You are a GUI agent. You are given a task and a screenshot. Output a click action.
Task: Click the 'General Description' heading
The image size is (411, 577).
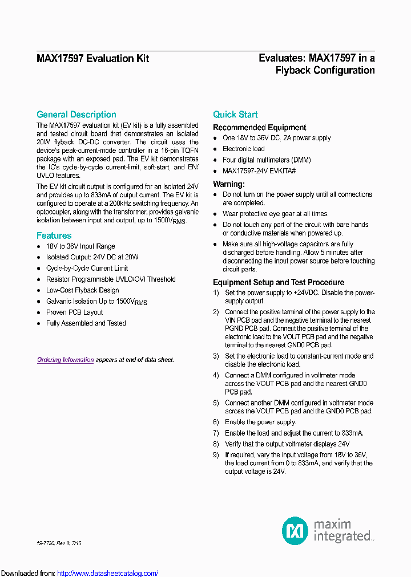(76, 115)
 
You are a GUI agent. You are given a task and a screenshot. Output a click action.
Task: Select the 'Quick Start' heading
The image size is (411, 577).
(235, 115)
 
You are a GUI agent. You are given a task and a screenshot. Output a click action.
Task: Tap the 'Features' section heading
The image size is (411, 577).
(54, 235)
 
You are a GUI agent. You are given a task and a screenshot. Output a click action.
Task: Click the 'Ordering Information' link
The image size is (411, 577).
(66, 360)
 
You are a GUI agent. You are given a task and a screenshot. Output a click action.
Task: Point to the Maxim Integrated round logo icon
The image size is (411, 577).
(295, 531)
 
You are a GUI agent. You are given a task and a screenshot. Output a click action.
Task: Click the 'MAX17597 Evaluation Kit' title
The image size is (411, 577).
(92, 59)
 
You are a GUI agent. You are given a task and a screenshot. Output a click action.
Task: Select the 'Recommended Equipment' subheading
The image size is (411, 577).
(259, 128)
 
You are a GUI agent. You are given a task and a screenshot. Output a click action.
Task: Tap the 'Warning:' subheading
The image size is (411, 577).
(229, 184)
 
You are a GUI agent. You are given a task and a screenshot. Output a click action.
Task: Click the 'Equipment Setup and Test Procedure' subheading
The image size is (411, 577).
(279, 282)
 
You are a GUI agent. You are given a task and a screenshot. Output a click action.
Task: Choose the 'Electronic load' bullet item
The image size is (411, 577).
(244, 149)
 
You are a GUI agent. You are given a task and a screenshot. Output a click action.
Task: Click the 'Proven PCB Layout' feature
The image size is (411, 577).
(75, 312)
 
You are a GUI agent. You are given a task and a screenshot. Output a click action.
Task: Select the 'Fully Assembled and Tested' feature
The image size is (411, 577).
(86, 323)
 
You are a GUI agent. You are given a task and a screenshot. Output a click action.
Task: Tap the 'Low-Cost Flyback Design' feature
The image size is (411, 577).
(83, 290)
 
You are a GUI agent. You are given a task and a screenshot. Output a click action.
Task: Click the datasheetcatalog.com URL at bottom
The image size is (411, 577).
(108, 573)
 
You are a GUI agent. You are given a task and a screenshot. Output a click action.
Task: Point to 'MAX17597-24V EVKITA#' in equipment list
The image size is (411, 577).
(259, 171)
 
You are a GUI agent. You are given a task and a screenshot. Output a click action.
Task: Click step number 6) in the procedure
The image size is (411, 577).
(216, 422)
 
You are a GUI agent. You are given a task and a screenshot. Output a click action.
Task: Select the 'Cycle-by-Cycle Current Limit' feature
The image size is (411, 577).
(87, 269)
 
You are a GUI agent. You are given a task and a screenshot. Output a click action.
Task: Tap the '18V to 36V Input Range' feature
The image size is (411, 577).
(80, 246)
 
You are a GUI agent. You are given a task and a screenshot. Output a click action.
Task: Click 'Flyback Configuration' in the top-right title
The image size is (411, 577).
(325, 71)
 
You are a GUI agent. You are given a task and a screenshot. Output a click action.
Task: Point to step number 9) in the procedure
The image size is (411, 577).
(216, 455)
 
